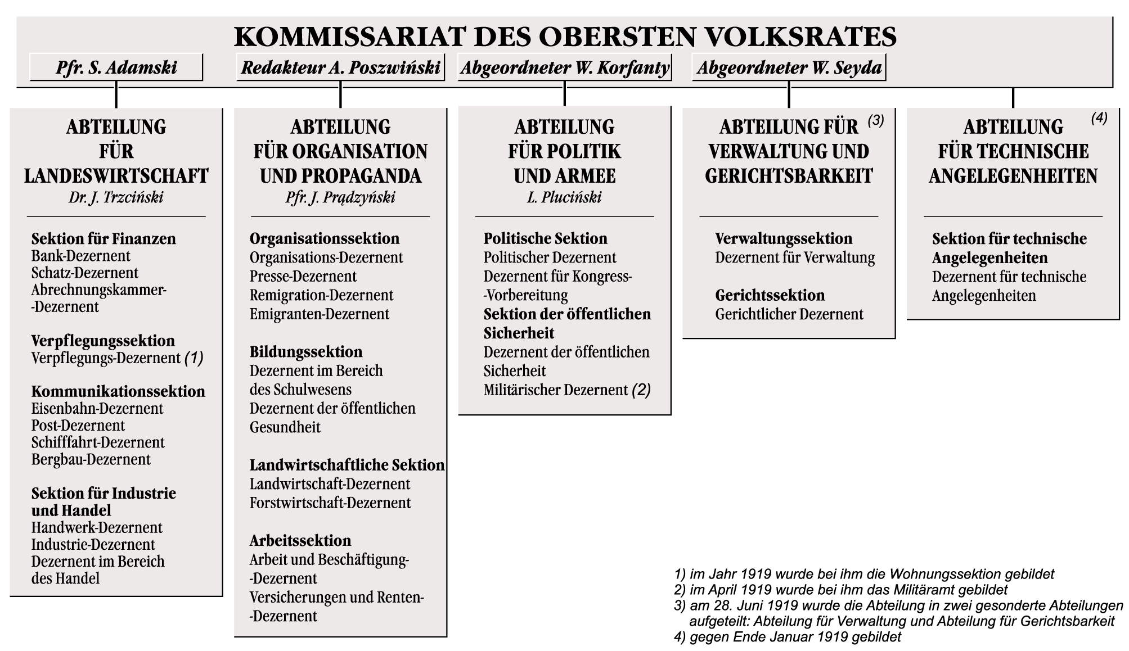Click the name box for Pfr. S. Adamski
[x=116, y=67]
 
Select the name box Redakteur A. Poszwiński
[x=340, y=67]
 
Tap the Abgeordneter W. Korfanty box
[x=565, y=67]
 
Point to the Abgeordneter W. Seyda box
[x=789, y=67]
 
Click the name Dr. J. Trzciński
[x=116, y=197]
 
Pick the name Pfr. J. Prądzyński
[x=340, y=197]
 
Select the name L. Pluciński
[x=564, y=197]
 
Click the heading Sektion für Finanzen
[x=104, y=239]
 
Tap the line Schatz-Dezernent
[x=84, y=273]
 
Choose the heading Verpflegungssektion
[x=103, y=341]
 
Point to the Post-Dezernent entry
[x=78, y=426]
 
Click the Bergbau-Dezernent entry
[x=91, y=459]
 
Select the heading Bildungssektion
[x=306, y=352]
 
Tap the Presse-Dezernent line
[x=303, y=277]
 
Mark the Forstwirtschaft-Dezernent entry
[x=330, y=503]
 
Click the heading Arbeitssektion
[x=300, y=541]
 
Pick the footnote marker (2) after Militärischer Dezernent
[x=641, y=390]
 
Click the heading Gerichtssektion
[x=770, y=295]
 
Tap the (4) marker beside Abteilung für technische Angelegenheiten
[x=1099, y=118]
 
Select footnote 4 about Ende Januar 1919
[x=788, y=637]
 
